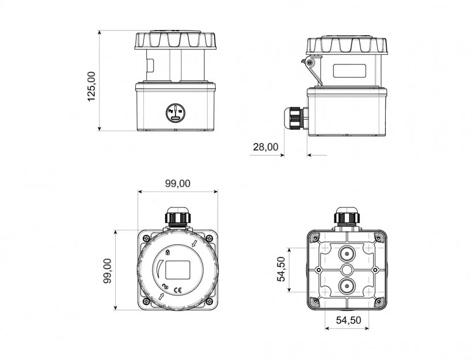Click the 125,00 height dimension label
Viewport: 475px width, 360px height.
point(91,86)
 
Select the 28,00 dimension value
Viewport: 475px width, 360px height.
point(265,147)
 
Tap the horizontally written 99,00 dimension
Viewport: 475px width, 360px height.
point(178,183)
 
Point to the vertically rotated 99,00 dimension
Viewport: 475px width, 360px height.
point(108,271)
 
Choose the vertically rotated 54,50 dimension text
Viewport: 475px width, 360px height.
point(282,269)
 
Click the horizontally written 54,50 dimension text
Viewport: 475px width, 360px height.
point(349,320)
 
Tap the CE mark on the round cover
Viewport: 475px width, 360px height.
point(177,290)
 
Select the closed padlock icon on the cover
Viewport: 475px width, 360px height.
point(168,252)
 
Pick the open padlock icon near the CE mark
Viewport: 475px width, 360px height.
point(165,286)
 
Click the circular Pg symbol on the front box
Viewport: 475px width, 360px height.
point(175,112)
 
